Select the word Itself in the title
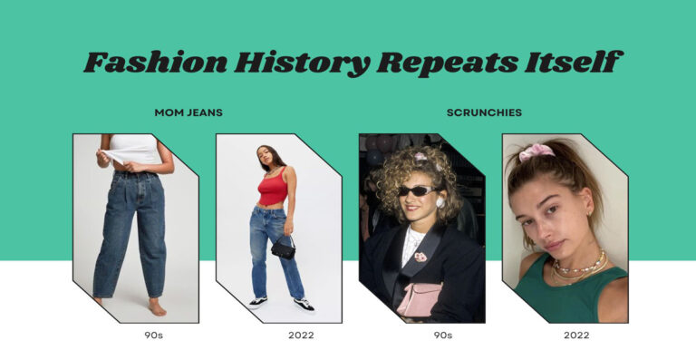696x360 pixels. pyautogui.click(x=578, y=63)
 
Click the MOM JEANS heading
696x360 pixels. pyautogui.click(x=188, y=112)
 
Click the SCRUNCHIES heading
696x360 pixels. pyautogui.click(x=484, y=112)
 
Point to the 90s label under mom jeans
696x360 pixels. pyautogui.click(x=153, y=336)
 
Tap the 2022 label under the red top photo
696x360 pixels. pyautogui.click(x=301, y=336)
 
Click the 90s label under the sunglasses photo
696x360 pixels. pyautogui.click(x=443, y=336)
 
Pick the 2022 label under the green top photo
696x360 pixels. pyautogui.click(x=575, y=336)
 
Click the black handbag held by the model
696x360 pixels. pyautogui.click(x=283, y=246)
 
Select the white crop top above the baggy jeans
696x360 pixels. pyautogui.click(x=134, y=149)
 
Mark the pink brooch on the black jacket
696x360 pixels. pyautogui.click(x=421, y=257)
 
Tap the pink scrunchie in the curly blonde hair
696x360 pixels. pyautogui.click(x=421, y=157)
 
